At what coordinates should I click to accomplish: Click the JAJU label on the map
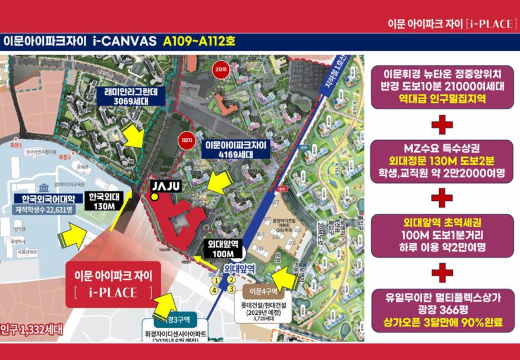163,185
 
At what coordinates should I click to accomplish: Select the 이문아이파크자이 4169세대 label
236,149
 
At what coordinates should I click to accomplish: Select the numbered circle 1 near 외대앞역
216,280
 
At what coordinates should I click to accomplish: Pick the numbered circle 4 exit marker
214,290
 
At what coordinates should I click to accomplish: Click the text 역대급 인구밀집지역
443,99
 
